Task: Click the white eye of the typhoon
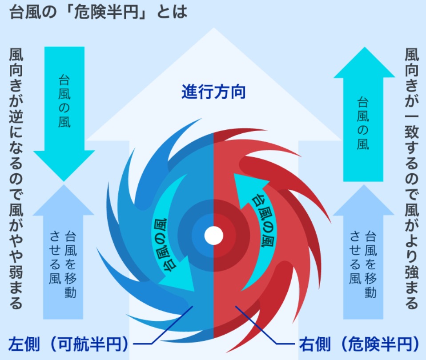(214, 236)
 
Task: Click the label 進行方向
(213, 92)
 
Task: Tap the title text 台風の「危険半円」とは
(98, 12)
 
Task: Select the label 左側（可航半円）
(68, 344)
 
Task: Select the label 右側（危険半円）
(359, 344)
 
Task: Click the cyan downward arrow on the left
(64, 114)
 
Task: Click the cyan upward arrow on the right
(363, 114)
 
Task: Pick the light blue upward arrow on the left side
(63, 252)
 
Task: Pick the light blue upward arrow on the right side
(363, 252)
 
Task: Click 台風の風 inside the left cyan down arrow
(64, 101)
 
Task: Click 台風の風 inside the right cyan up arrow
(363, 123)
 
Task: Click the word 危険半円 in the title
(106, 12)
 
